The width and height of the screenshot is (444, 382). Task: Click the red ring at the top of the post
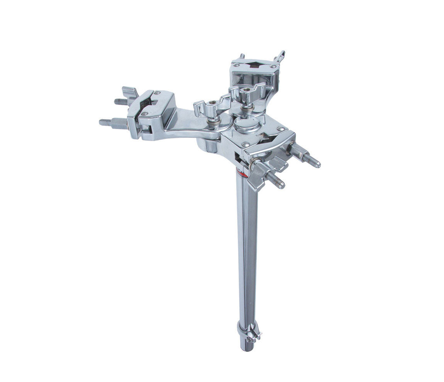point(242,174)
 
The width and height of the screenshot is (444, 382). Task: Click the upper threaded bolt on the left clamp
point(122,101)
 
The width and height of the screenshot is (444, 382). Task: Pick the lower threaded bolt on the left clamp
point(106,122)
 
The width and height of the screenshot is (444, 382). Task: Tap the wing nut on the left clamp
point(130,93)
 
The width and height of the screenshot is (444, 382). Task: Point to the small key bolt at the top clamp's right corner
point(280,57)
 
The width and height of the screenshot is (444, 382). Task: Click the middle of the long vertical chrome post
point(247,251)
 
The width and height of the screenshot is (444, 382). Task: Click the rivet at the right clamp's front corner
point(244,144)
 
